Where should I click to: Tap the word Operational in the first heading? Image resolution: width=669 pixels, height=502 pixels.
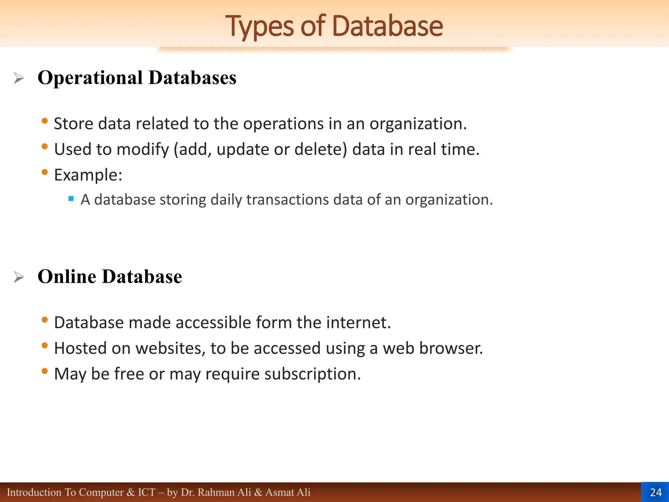point(90,78)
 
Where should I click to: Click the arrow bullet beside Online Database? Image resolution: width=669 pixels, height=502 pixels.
point(19,277)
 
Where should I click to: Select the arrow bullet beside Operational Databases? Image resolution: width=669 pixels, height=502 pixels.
point(19,78)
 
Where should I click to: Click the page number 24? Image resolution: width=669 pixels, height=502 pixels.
point(656,492)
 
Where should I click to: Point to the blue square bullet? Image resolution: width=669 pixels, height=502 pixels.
point(71,198)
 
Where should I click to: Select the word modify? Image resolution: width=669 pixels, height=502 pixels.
point(143,149)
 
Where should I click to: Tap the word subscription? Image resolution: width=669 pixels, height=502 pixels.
point(312,374)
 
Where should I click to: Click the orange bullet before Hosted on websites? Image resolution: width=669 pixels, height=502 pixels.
point(45,345)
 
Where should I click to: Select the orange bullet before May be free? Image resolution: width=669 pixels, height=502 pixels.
point(45,371)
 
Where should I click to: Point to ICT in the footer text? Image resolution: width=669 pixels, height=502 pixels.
point(147,492)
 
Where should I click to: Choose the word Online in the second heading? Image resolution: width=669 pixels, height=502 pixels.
point(67,276)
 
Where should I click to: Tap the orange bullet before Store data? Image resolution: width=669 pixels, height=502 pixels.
point(45,121)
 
